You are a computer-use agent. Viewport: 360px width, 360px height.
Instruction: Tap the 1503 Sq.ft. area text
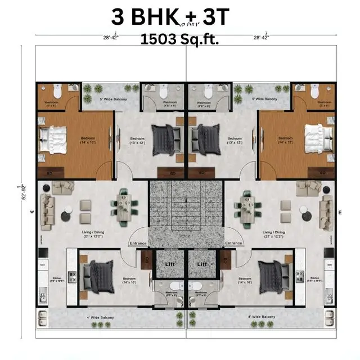click(x=179, y=39)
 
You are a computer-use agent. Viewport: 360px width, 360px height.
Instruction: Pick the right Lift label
click(x=202, y=264)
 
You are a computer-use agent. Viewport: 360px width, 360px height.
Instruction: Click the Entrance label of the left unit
click(x=138, y=243)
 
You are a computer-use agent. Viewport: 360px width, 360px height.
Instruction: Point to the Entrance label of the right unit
click(x=233, y=243)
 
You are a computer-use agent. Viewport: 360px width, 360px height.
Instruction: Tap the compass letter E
click(x=340, y=213)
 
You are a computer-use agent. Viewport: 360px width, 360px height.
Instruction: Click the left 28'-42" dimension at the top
click(x=111, y=37)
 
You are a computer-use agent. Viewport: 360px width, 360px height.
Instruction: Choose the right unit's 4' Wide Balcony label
click(x=260, y=318)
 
